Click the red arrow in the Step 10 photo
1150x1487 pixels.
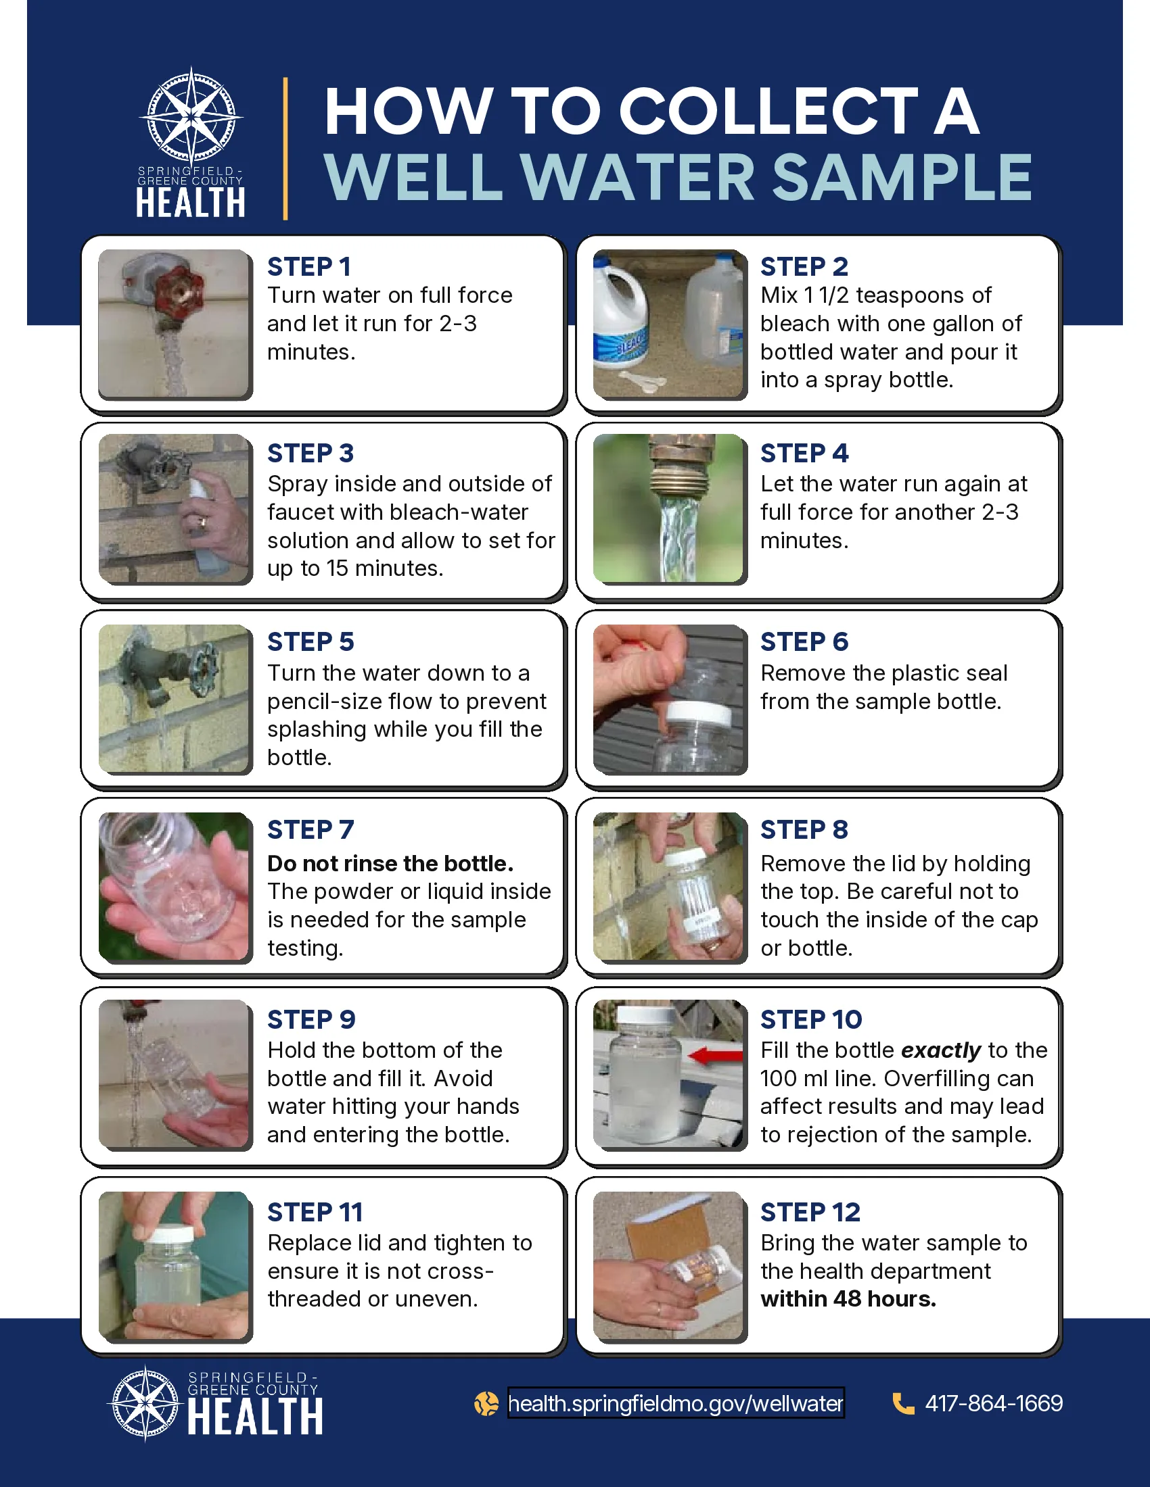[715, 1056]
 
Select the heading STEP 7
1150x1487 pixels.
[310, 830]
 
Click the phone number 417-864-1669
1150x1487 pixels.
[993, 1403]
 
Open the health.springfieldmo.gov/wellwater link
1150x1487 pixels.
[676, 1403]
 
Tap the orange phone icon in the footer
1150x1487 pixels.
[903, 1403]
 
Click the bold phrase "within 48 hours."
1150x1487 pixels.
[848, 1299]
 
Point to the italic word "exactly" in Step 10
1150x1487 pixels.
[941, 1050]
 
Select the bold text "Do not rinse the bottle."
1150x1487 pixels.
[390, 863]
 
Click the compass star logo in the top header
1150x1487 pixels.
[191, 115]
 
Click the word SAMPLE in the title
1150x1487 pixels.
[902, 177]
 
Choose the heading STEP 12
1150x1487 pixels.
[810, 1212]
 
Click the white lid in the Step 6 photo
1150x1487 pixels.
[697, 714]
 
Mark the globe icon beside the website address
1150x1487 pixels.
[486, 1403]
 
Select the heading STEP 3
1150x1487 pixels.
[310, 454]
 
